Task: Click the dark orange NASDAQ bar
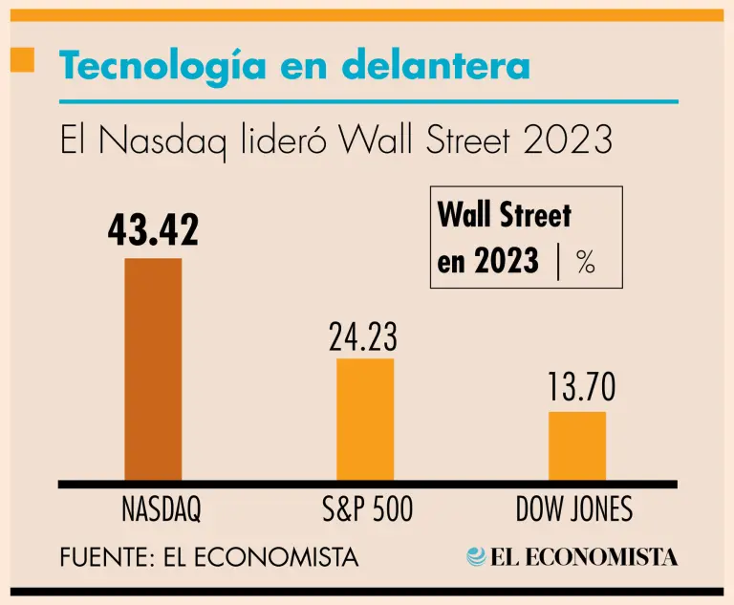point(153,369)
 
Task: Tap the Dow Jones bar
point(576,445)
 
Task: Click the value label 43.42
point(153,230)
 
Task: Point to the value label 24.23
point(363,338)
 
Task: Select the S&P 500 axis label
point(368,509)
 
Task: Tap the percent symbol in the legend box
point(586,263)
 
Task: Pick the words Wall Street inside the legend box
point(504,215)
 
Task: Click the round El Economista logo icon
point(476,556)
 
